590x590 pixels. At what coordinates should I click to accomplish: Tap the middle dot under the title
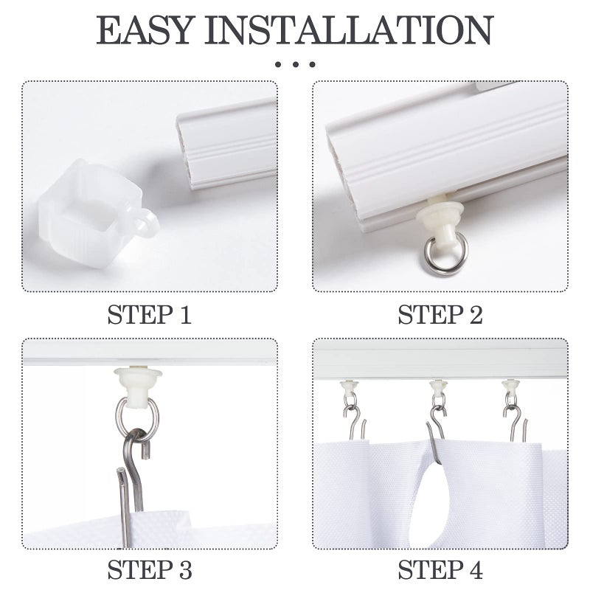coord(295,65)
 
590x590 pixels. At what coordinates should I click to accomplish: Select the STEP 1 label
coord(149,315)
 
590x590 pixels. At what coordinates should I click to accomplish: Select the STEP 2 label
coord(440,315)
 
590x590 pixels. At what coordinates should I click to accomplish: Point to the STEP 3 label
coord(149,570)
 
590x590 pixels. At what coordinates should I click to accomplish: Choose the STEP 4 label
coord(440,570)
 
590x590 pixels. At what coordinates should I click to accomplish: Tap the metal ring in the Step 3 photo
coord(136,417)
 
